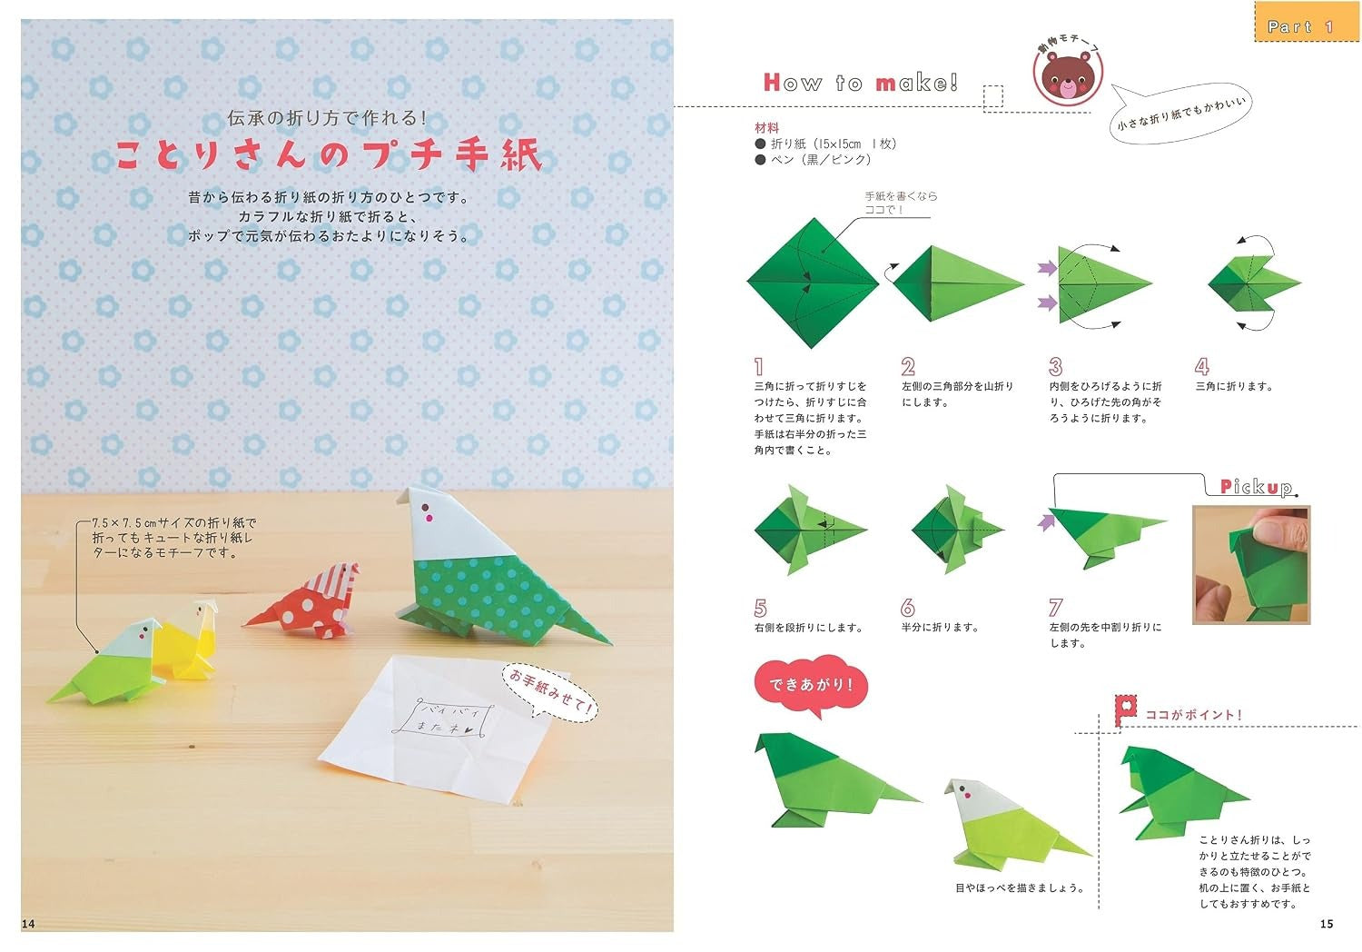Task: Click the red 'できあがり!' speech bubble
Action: pyautogui.click(x=810, y=686)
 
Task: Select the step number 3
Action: pyautogui.click(x=1055, y=366)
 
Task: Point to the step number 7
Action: pyautogui.click(x=1055, y=607)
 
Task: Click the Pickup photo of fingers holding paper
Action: pyautogui.click(x=1251, y=564)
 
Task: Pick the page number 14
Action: pyautogui.click(x=28, y=924)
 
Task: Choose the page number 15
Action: pyautogui.click(x=1326, y=924)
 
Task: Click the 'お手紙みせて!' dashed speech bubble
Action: pyautogui.click(x=549, y=692)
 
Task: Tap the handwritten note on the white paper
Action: pyautogui.click(x=443, y=719)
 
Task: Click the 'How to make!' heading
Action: pyautogui.click(x=861, y=82)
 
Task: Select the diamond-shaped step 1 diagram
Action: pyautogui.click(x=813, y=283)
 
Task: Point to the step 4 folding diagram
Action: pyautogui.click(x=1254, y=283)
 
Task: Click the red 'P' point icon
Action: pyautogui.click(x=1126, y=709)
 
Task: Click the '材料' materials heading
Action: pyautogui.click(x=766, y=128)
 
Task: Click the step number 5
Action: pyautogui.click(x=760, y=608)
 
